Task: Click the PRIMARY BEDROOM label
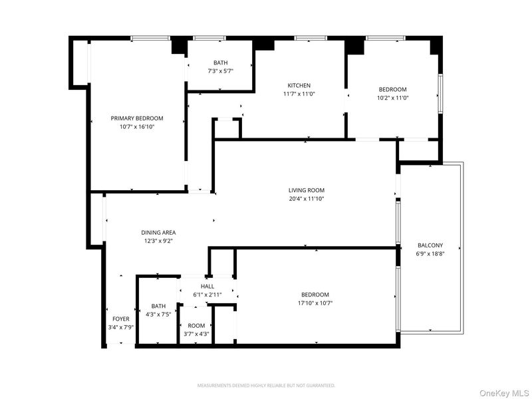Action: click(x=137, y=118)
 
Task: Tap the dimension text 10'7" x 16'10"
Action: click(x=137, y=127)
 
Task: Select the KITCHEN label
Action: click(x=299, y=86)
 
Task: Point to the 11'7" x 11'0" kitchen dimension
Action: click(x=299, y=94)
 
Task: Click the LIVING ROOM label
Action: click(x=307, y=190)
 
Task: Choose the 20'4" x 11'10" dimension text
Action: click(x=307, y=199)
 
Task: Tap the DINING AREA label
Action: click(x=158, y=233)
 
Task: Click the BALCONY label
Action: click(x=430, y=245)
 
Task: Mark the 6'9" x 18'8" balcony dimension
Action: click(x=430, y=254)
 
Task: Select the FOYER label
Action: click(x=121, y=319)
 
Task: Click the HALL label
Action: click(x=207, y=287)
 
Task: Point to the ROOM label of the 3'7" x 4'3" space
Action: click(x=196, y=326)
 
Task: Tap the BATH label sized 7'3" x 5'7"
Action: click(x=221, y=63)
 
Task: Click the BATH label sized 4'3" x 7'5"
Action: click(x=158, y=306)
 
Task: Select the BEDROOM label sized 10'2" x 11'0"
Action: click(x=392, y=90)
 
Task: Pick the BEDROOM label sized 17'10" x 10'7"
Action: click(x=315, y=295)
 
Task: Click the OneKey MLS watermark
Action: click(x=504, y=393)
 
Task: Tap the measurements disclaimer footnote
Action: click(x=267, y=386)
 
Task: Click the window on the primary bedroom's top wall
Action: click(x=150, y=38)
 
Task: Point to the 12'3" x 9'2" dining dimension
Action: click(x=158, y=241)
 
